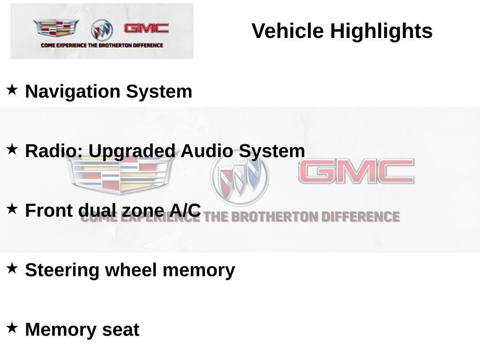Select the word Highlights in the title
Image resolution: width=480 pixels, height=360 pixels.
381,31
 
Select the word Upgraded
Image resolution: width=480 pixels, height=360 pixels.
132,151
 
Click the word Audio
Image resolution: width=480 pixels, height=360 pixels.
207,151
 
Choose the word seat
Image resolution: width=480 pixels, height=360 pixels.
121,330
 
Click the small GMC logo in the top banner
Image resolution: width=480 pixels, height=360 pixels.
146,28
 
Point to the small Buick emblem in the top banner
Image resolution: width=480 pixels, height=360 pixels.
102,30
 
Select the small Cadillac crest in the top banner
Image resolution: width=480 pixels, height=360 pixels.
56,29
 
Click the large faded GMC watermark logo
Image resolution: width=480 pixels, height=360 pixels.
356,171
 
